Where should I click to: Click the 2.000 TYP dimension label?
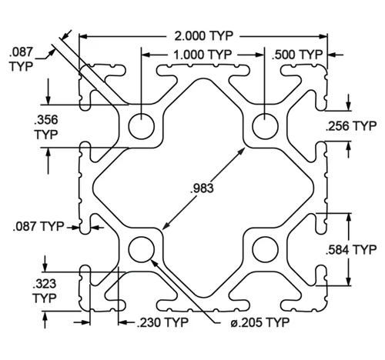204,36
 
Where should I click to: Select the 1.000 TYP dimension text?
203,55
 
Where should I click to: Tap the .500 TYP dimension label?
297,55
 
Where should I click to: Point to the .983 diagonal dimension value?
202,188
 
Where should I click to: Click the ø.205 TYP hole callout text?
259,322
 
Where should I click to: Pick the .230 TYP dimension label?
162,322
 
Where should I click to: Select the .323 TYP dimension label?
45,291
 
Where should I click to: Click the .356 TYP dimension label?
46,128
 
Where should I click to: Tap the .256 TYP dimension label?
351,126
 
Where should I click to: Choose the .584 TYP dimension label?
351,249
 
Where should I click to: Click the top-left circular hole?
142,126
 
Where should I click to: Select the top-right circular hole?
266,126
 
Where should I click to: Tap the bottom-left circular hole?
142,250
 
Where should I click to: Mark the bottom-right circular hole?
266,250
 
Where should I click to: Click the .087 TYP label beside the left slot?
38,226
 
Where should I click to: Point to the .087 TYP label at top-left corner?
22,59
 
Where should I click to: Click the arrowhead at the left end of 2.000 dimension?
83,36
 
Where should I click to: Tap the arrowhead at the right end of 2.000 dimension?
323,36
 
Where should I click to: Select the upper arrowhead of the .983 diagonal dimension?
241,151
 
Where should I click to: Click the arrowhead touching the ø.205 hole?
154,263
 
